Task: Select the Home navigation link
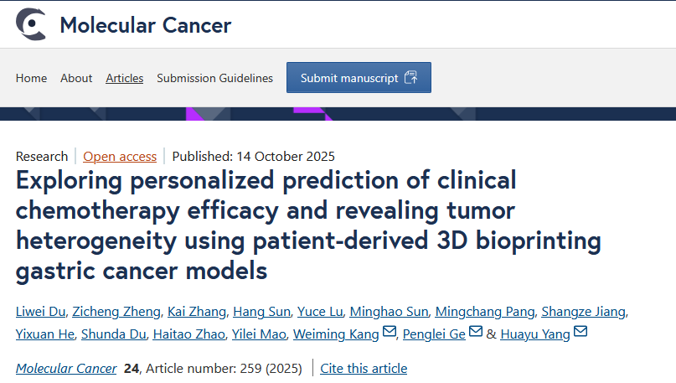[x=31, y=78]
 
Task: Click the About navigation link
[x=76, y=78]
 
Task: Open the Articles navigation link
[x=124, y=78]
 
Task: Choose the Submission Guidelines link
[x=214, y=78]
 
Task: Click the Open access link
[x=120, y=156]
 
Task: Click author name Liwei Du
[x=40, y=312]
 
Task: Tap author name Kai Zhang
[x=197, y=312]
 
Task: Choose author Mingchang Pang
[x=484, y=312]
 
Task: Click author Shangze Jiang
[x=583, y=312]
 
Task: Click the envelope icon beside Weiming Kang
[x=390, y=334]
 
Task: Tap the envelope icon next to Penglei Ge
[x=476, y=334]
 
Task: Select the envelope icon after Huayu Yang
[x=580, y=334]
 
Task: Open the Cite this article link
[x=364, y=368]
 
